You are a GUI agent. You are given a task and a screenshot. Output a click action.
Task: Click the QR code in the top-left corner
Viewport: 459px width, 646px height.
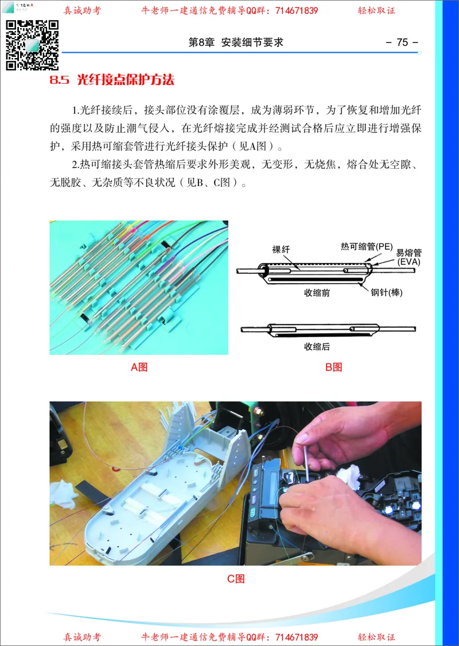point(32,44)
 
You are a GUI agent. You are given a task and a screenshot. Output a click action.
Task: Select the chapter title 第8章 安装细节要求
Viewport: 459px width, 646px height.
point(236,42)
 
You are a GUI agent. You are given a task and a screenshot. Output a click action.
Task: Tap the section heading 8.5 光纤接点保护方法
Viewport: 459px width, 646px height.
point(112,80)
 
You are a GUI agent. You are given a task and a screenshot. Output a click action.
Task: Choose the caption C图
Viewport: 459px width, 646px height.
point(236,579)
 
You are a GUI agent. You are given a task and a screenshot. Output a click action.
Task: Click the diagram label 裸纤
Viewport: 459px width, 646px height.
point(281,249)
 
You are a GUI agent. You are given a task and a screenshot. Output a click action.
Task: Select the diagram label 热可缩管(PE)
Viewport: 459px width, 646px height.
point(366,246)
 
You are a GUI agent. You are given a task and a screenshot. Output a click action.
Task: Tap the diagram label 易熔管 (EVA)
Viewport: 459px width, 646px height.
point(409,257)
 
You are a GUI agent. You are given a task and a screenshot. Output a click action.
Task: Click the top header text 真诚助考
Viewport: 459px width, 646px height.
point(82,10)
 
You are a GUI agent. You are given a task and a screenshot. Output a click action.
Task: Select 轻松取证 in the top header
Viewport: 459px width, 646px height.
point(377,10)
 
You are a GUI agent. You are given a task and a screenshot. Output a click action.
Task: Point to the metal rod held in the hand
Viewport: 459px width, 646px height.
point(306,462)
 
